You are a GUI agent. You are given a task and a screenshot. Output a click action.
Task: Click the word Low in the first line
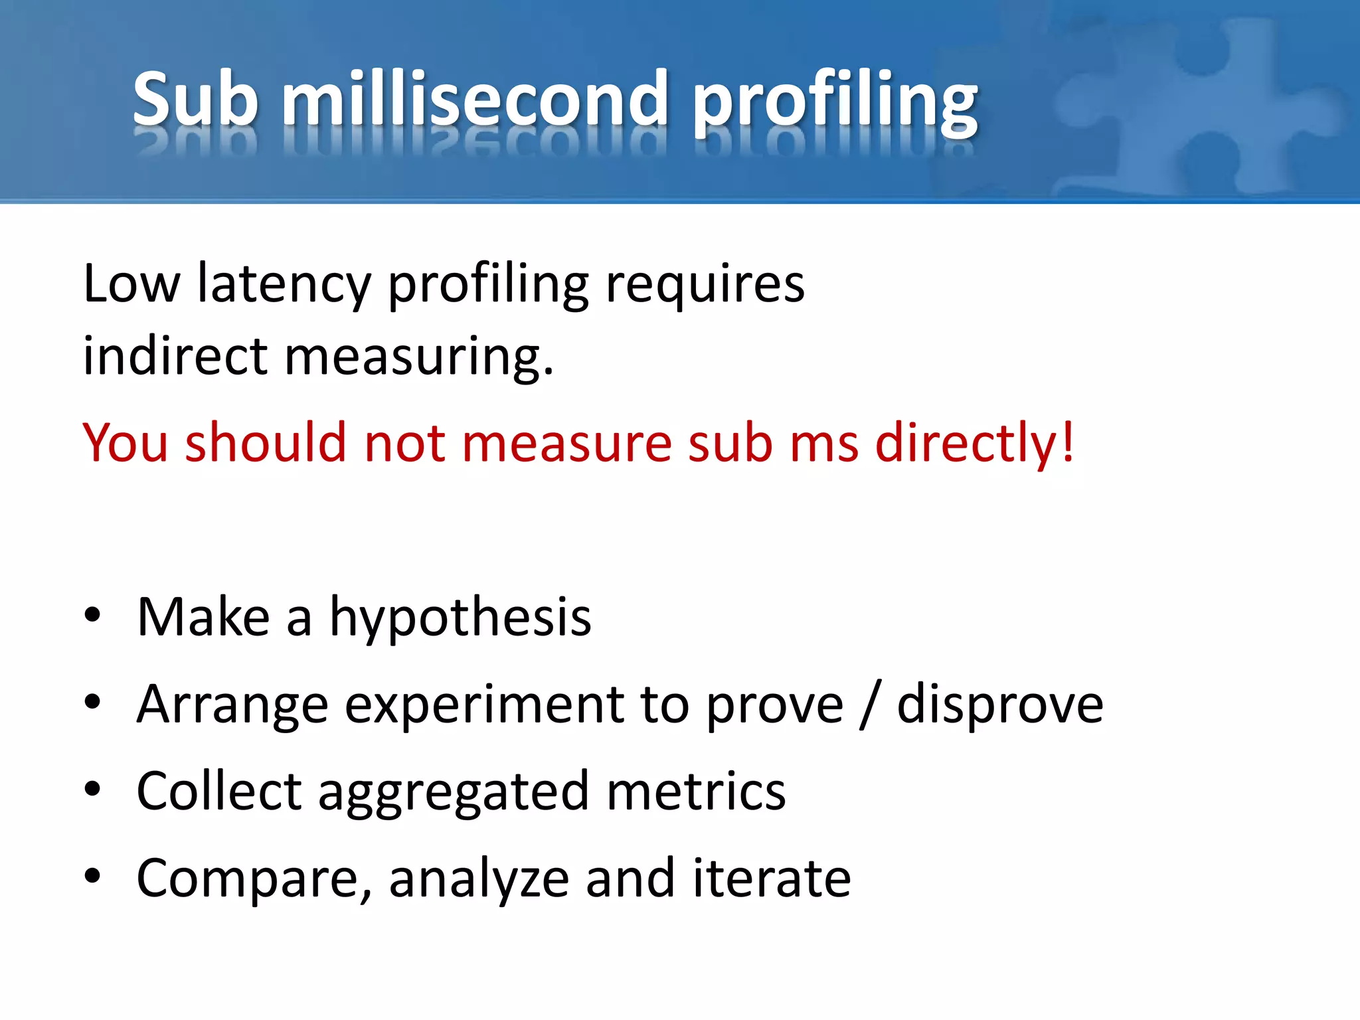[131, 284]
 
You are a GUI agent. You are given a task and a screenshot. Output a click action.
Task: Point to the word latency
[284, 286]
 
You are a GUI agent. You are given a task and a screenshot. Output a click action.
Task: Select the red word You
[125, 442]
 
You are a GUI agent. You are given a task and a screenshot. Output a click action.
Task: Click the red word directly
[974, 444]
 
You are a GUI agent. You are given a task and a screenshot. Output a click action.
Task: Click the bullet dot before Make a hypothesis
[92, 615]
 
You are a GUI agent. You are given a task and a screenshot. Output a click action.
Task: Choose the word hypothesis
[460, 618]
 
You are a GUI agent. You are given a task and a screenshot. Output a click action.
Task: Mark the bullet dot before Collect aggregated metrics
[92, 789]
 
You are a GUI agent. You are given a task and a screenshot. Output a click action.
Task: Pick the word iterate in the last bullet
[772, 878]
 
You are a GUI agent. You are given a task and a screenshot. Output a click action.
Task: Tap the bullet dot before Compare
[92, 876]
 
